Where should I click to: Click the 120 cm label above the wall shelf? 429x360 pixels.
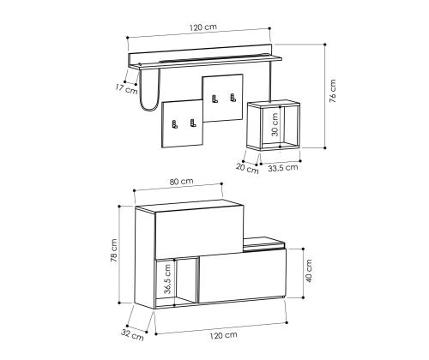tap(204, 28)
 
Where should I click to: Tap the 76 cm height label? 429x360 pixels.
tap(333, 91)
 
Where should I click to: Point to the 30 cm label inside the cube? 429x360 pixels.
tap(275, 127)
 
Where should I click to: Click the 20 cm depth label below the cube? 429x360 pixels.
tap(247, 169)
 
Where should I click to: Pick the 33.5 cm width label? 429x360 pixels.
tap(283, 168)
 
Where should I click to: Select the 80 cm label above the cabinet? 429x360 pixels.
tap(181, 183)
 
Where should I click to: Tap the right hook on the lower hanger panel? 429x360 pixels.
tap(193, 125)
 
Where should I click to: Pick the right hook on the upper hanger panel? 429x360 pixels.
tap(232, 96)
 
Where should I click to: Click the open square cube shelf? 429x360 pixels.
tap(275, 127)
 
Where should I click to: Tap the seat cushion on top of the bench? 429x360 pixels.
tap(264, 243)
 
